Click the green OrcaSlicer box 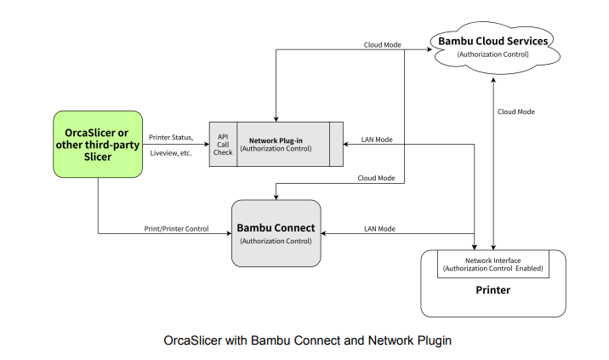click(98, 145)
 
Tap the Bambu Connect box click(276, 233)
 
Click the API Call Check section click(223, 144)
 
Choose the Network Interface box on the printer click(492, 263)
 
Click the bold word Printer click(492, 290)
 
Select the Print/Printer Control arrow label click(175, 227)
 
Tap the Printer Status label click(172, 137)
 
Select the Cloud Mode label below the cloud click(516, 111)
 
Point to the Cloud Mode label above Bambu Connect click(375, 178)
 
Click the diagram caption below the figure click(307, 340)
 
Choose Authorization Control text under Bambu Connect click(276, 242)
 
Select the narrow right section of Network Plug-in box click(336, 144)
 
